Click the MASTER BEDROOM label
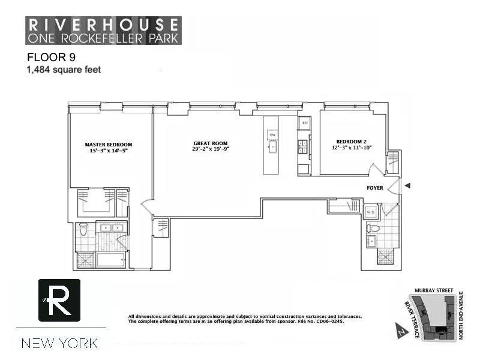(x=108, y=145)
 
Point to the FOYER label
(x=375, y=188)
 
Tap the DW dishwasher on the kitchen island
(x=272, y=135)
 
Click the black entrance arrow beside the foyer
(x=407, y=186)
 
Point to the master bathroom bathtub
(x=109, y=260)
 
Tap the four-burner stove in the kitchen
(x=304, y=146)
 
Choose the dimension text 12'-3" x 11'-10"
(x=351, y=148)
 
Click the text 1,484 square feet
(x=63, y=70)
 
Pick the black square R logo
(x=59, y=300)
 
